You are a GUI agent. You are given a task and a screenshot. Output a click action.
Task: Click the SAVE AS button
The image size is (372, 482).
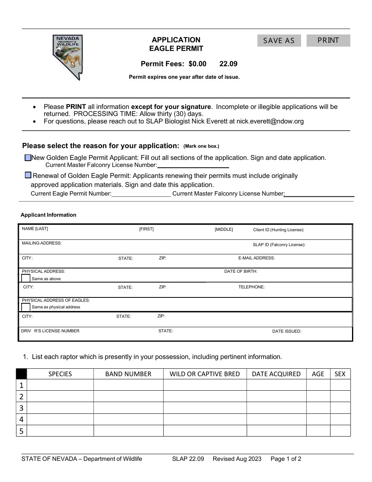(x=279, y=41)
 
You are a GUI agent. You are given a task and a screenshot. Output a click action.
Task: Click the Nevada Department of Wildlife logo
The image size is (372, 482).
(x=67, y=57)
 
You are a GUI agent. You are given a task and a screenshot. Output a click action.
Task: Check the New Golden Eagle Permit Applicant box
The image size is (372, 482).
(x=28, y=158)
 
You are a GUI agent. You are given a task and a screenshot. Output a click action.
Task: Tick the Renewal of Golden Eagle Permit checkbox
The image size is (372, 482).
(x=28, y=176)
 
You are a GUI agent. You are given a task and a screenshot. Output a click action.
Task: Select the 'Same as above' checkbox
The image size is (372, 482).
(x=25, y=279)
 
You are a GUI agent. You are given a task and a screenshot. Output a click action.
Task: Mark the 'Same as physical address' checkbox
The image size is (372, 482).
(x=25, y=307)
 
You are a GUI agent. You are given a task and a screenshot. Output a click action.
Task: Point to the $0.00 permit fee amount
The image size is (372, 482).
(x=197, y=64)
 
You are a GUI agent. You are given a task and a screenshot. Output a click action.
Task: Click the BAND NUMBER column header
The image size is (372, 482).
(x=128, y=374)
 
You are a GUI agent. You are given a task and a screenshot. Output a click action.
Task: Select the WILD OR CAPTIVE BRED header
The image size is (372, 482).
(x=204, y=374)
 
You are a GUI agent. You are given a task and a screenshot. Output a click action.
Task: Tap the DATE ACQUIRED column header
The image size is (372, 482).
(x=276, y=374)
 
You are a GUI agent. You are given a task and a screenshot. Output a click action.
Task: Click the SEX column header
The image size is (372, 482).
(x=340, y=374)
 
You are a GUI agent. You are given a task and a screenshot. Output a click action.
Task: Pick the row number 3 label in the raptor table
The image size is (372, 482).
(x=22, y=408)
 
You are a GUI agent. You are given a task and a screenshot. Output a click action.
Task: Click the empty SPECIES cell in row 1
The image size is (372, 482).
(x=60, y=385)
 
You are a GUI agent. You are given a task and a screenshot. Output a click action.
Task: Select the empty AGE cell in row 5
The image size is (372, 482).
(x=318, y=431)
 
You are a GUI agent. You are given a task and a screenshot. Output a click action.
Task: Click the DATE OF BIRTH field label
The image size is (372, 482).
(x=240, y=271)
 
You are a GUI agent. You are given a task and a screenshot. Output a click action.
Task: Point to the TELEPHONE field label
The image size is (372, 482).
(x=251, y=287)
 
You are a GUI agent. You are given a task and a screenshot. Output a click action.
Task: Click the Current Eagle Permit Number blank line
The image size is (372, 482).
(x=141, y=194)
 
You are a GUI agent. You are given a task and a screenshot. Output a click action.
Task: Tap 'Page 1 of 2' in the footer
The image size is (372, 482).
(x=286, y=459)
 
